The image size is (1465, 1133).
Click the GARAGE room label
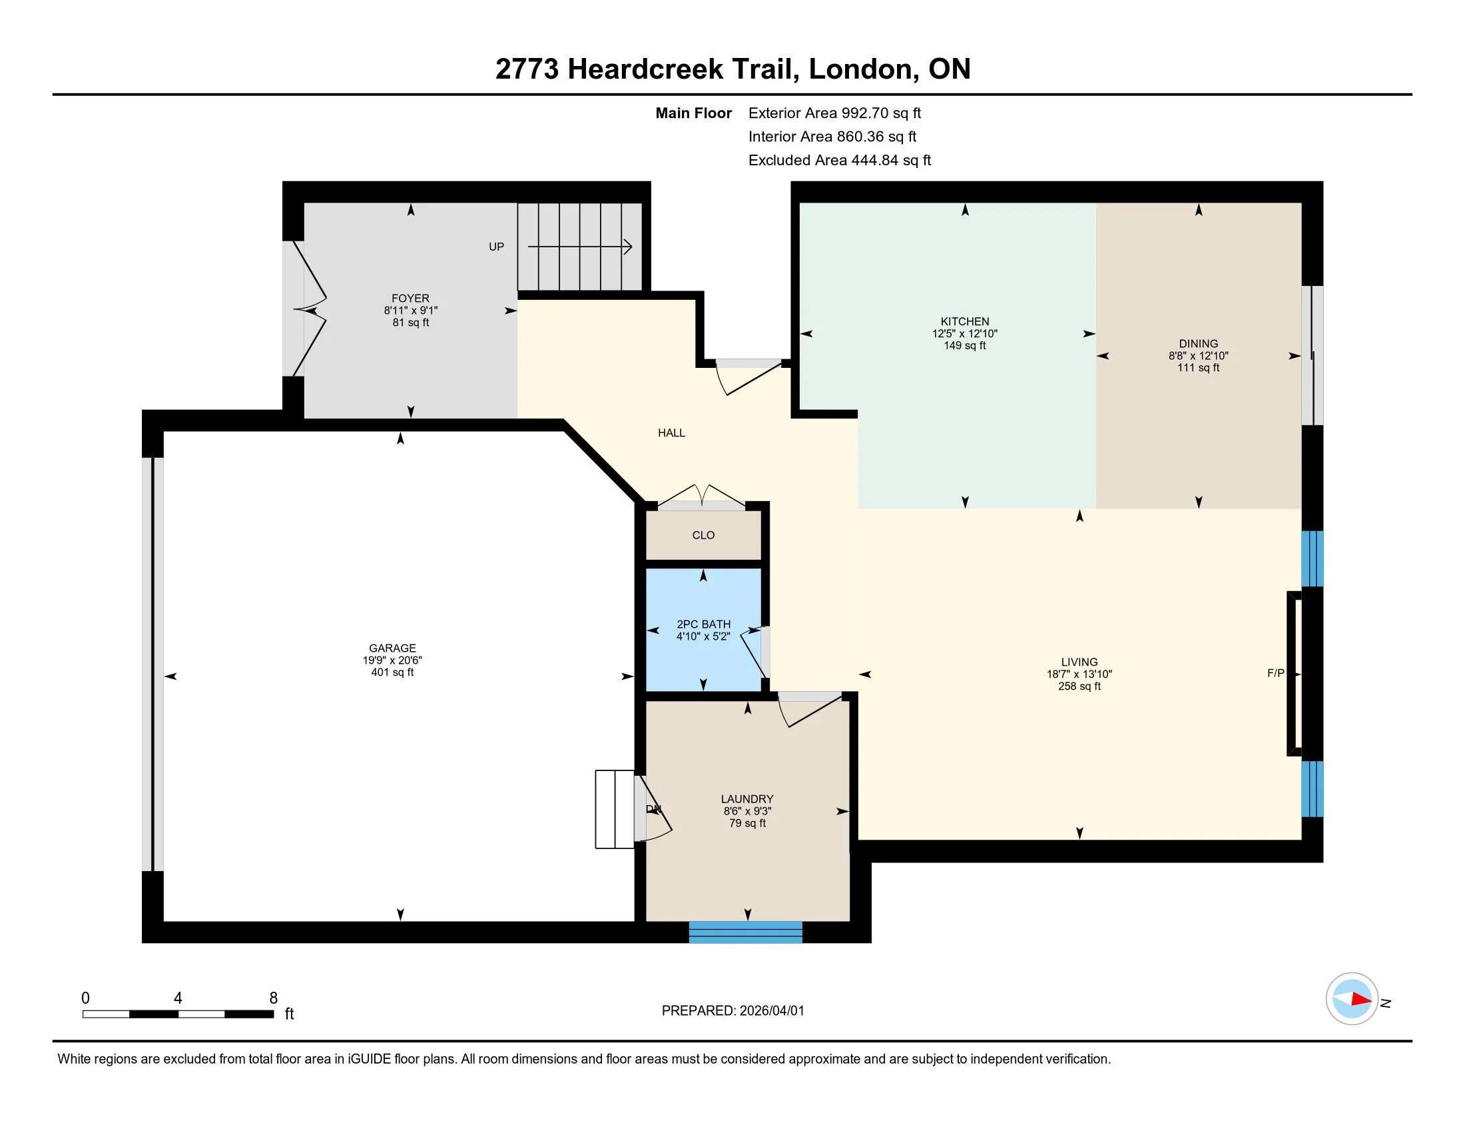click(x=392, y=648)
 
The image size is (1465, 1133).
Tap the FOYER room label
click(x=410, y=298)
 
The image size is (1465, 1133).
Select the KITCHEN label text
click(x=965, y=321)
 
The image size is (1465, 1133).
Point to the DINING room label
click(x=1198, y=344)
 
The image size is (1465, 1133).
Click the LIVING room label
click(x=1079, y=662)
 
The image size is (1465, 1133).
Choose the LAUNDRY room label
click(x=747, y=798)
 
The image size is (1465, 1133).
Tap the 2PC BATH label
click(x=703, y=624)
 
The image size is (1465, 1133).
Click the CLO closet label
click(x=703, y=535)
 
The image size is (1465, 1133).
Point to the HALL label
click(x=671, y=433)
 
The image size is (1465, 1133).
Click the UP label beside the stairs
click(x=496, y=247)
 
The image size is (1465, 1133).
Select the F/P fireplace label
click(x=1275, y=673)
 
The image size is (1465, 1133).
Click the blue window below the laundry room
click(x=745, y=932)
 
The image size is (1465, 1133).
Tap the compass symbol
click(x=1352, y=999)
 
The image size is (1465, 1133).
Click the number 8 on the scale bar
click(x=273, y=998)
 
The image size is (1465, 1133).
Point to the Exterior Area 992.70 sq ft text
click(x=834, y=113)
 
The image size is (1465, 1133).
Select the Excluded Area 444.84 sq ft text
click(x=839, y=160)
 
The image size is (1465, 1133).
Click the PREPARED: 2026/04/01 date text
click(x=732, y=1011)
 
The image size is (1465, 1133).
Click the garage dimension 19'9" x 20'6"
click(x=392, y=660)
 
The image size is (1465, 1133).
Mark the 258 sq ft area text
click(x=1079, y=686)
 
